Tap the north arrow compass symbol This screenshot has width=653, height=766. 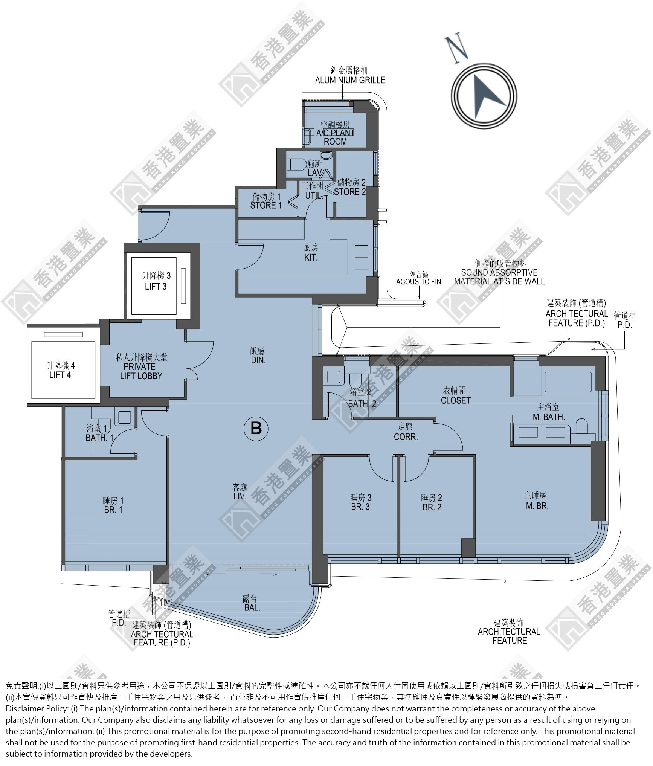tap(484, 96)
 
